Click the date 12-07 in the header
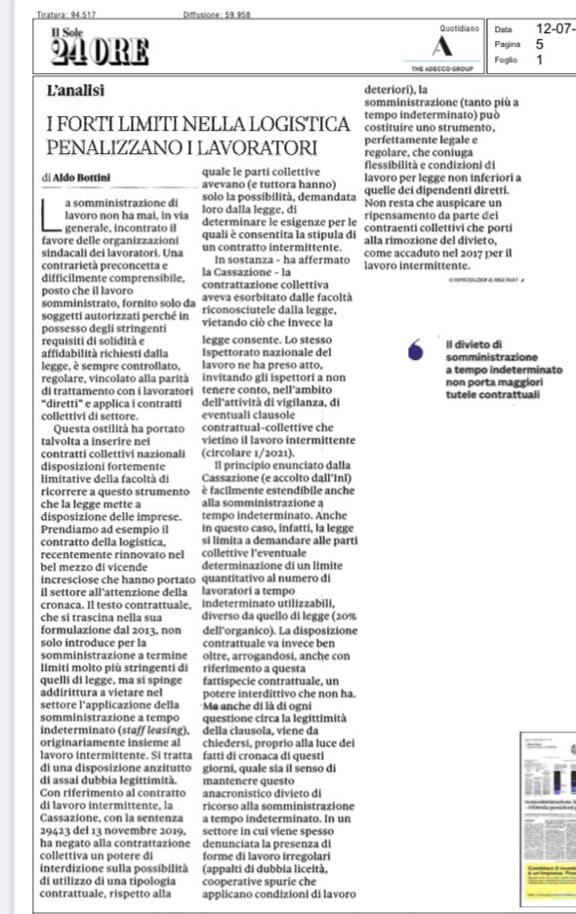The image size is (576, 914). [557, 29]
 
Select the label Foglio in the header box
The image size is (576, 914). [506, 60]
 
